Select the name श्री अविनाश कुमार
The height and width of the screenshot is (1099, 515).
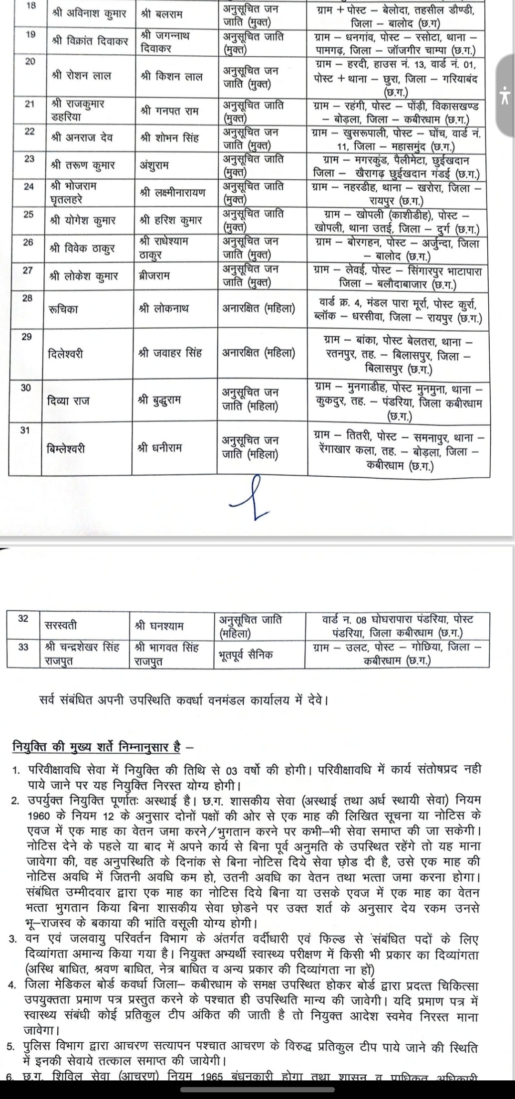pos(89,14)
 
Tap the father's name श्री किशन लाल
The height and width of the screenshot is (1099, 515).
pos(172,76)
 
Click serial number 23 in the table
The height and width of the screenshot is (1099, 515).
pos(29,159)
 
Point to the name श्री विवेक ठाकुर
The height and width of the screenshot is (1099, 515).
pos(82,248)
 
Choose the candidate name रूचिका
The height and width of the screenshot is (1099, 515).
pos(63,309)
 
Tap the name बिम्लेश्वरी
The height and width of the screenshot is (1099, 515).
pos(66,449)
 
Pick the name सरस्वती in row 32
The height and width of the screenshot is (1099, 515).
pos(61,626)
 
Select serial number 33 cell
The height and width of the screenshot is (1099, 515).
pos(23,647)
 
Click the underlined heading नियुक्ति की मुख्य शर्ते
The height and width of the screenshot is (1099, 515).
pos(96,747)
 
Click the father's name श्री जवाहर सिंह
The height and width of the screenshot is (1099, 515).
pos(170,353)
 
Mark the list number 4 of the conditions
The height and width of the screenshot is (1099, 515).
pos(13,986)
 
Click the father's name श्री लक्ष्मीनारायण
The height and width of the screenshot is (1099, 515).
pos(173,193)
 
